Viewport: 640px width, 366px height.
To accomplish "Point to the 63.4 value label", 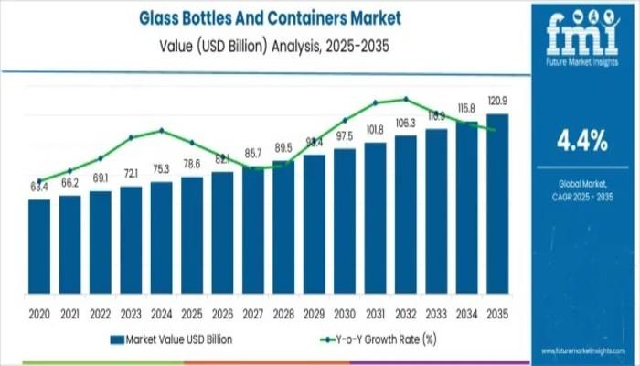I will coord(39,188).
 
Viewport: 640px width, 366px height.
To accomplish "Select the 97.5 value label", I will coord(345,136).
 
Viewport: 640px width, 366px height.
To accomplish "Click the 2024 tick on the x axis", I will coord(162,314).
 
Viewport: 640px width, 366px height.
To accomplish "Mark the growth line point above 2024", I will coord(162,130).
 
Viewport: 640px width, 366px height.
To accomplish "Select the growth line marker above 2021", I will coord(70,171).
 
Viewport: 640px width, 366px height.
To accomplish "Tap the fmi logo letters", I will coord(581,35).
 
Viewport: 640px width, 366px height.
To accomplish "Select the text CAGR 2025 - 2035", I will coord(581,199).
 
